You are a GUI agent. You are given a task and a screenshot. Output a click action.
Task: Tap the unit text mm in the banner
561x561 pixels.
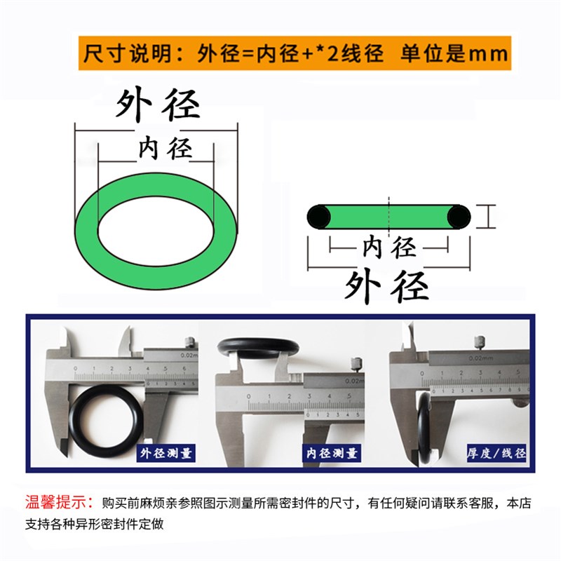click(x=487, y=53)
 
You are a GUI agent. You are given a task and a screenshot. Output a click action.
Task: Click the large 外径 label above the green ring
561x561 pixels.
click(x=158, y=105)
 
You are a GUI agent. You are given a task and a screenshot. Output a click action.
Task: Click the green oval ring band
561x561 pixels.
click(x=87, y=231)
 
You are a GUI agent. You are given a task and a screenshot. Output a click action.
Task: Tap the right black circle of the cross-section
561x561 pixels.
click(x=460, y=216)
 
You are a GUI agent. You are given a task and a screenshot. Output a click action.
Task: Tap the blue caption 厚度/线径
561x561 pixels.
click(x=496, y=453)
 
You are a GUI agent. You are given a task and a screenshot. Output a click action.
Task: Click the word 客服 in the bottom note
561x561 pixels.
click(x=482, y=503)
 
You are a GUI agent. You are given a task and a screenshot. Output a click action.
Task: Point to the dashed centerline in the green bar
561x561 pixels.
click(x=388, y=216)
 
